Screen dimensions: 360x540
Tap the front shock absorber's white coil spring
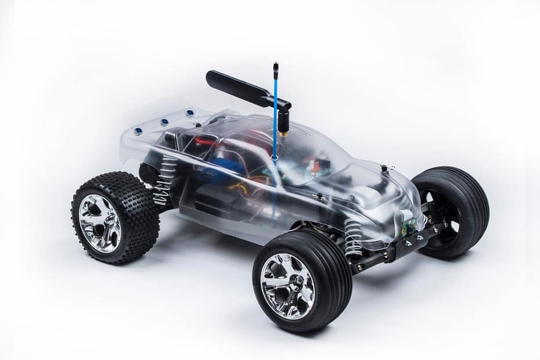tap(353, 237)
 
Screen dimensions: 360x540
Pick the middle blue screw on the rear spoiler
tap(164, 122)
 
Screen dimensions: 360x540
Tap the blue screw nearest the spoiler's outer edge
tap(138, 131)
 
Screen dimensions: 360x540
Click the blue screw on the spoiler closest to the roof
tap(189, 114)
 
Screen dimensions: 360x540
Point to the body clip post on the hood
tap(384, 169)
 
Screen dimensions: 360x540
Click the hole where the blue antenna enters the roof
tap(273, 157)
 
